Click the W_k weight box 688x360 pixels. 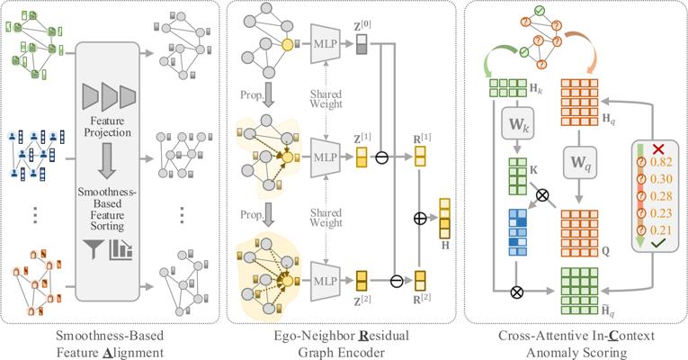518,124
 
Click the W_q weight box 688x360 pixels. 579,163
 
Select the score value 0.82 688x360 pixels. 661,162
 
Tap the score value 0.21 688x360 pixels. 661,230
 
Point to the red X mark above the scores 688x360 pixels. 658,148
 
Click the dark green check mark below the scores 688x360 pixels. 658,243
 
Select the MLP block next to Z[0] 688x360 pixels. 326,43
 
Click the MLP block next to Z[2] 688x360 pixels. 326,281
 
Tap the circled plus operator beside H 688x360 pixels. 420,218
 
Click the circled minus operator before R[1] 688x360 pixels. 381,157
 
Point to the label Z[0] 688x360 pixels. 362,27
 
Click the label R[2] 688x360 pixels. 422,299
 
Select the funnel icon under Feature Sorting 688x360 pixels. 93,249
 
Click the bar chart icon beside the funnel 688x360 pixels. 121,249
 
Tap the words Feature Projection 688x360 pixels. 108,126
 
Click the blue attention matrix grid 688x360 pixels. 518,232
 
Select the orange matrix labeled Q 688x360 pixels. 579,234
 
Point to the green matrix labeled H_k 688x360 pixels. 507,88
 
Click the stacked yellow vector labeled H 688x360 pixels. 445,218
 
